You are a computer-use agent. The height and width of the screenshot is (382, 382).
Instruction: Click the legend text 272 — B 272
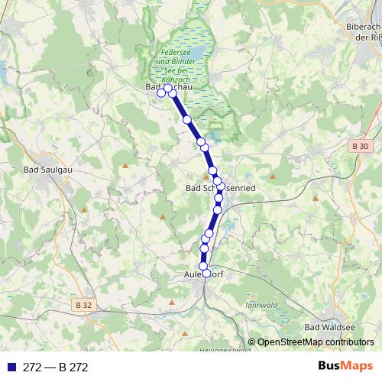[57, 367]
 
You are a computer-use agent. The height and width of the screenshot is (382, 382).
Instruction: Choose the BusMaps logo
[346, 366]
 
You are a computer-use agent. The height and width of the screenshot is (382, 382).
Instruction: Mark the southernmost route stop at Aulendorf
[206, 273]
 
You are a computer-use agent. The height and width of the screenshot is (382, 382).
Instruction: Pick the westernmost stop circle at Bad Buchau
[161, 93]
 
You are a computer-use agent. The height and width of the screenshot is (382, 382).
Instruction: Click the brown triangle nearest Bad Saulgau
[124, 164]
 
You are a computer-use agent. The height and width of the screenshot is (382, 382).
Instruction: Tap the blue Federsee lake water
[191, 54]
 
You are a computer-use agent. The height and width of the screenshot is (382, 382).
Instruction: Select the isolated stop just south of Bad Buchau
[186, 119]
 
